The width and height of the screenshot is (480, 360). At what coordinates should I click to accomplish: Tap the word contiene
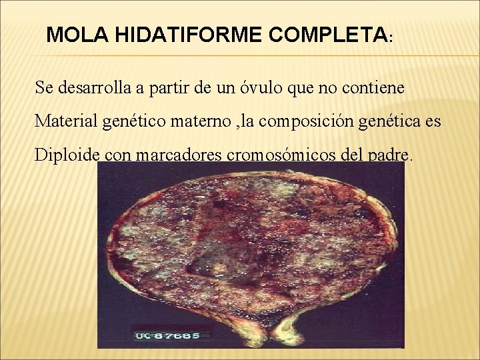pos(375,87)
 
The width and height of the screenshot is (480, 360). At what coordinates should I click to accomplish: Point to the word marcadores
pos(179,155)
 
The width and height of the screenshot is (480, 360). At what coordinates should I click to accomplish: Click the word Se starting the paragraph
pos(44,87)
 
